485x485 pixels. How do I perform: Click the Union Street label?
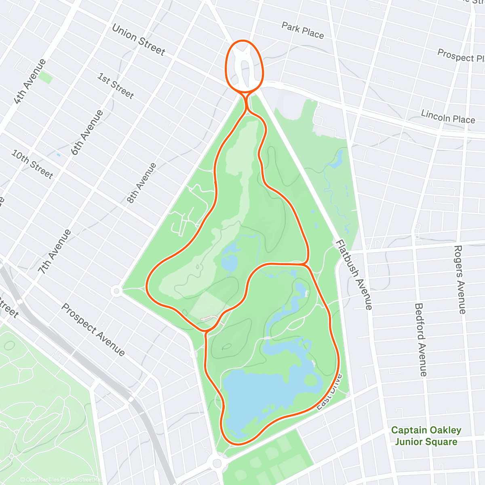[x=138, y=40]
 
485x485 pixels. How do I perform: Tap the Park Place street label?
[x=303, y=31]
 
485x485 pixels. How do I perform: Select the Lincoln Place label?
[x=448, y=116]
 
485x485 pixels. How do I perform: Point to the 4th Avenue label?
[x=30, y=81]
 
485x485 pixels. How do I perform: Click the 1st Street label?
[x=116, y=86]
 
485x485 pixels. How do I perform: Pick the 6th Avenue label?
[x=87, y=133]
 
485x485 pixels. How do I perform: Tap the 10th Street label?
[x=32, y=164]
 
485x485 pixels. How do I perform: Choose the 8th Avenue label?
[x=141, y=183]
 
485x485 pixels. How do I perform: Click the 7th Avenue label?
[x=55, y=252]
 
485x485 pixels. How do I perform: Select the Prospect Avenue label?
[x=93, y=329]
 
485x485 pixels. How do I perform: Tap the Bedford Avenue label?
[x=420, y=339]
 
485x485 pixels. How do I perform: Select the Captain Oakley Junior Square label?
[x=426, y=436]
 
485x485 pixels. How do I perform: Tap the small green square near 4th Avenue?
[x=46, y=78]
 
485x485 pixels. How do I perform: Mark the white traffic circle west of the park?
[x=116, y=291]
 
